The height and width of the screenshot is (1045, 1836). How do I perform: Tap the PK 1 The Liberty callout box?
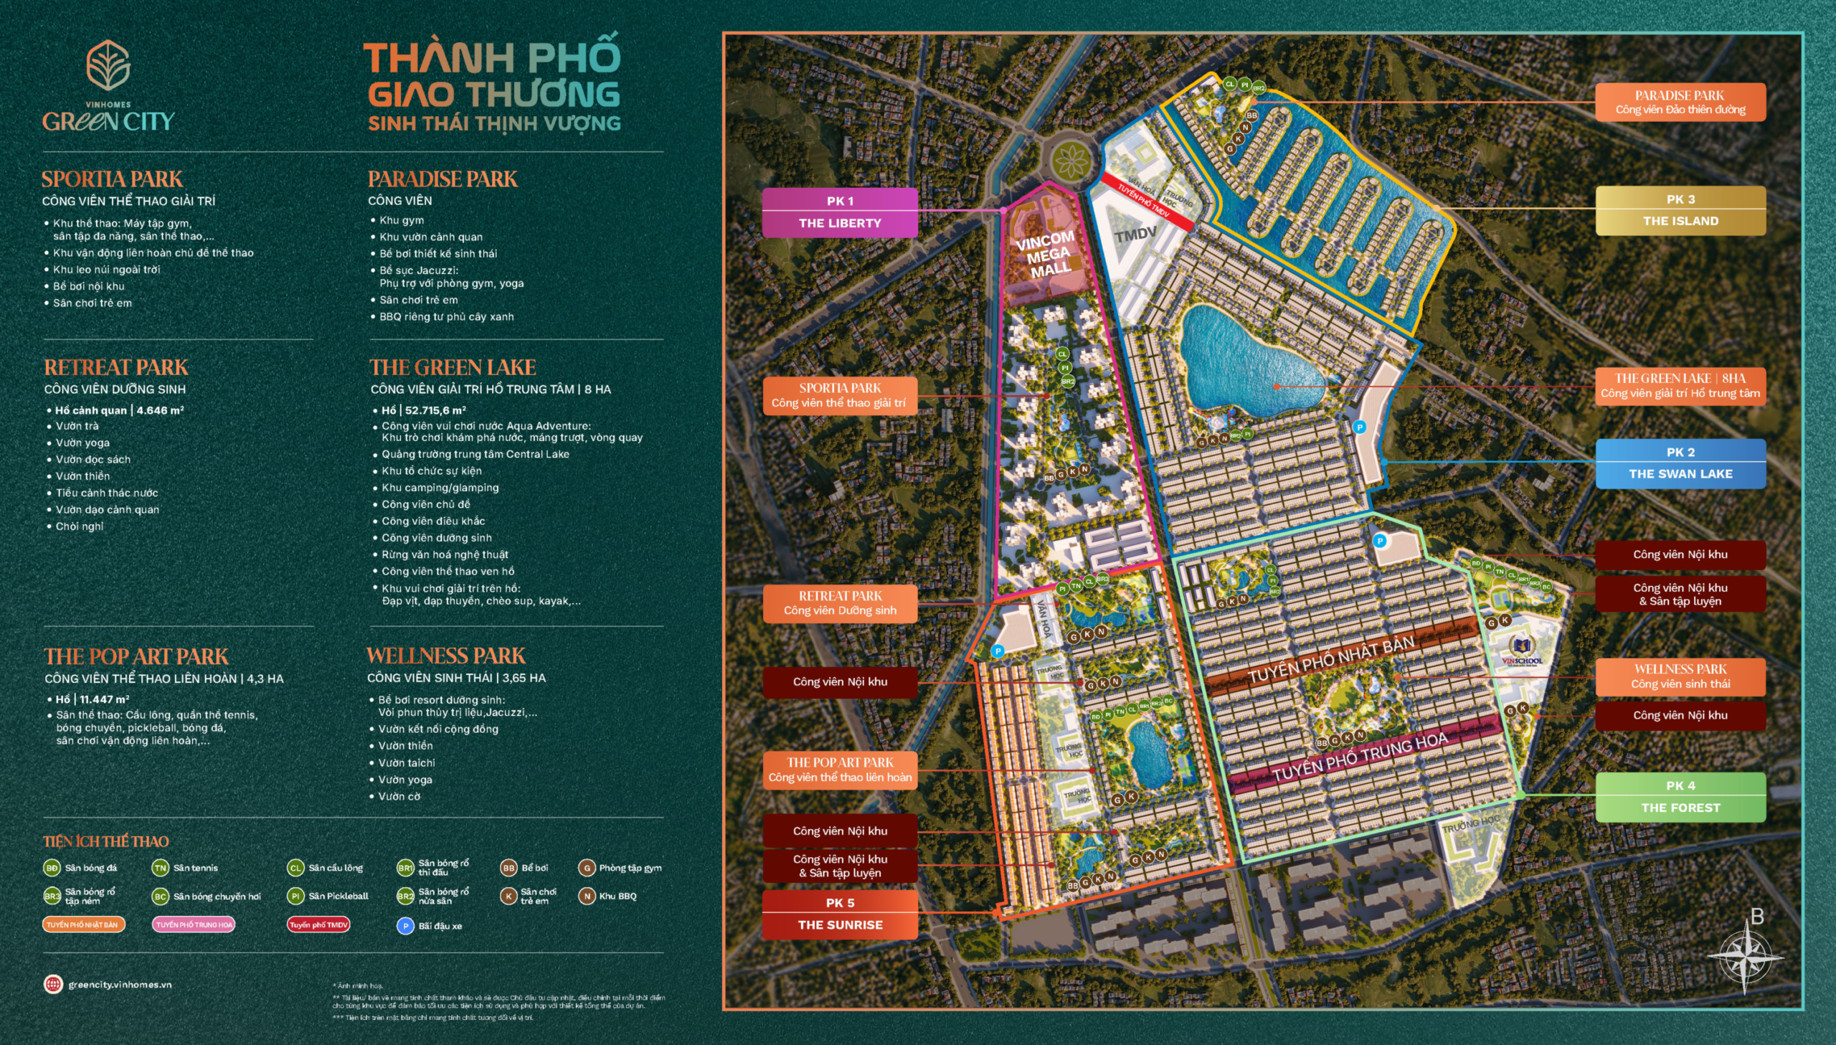point(839,212)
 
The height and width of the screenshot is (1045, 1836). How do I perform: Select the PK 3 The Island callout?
point(1680,210)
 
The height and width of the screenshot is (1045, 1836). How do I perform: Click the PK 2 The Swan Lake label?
point(1680,463)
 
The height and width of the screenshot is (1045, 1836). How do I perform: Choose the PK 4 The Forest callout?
point(1680,797)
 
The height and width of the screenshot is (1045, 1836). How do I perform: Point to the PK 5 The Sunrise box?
point(839,914)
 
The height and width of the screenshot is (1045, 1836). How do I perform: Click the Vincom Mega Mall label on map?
point(1047,254)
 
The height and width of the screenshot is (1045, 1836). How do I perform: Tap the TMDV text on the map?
point(1135,234)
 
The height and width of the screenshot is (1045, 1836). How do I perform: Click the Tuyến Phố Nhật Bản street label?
point(1331,659)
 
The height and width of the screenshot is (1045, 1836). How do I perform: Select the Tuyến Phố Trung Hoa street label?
point(1360,757)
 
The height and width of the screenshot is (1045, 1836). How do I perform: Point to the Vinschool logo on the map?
point(1521,650)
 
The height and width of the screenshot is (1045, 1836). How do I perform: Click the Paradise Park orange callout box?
point(1680,102)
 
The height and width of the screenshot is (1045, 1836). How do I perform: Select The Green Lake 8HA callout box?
point(1680,385)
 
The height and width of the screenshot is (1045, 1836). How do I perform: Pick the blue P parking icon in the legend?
point(405,926)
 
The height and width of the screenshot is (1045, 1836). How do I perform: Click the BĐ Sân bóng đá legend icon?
point(52,868)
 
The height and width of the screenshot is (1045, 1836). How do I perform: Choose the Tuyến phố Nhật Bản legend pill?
point(83,925)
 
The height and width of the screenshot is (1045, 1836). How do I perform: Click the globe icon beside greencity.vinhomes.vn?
point(53,984)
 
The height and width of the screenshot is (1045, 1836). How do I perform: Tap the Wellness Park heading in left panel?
point(445,656)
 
